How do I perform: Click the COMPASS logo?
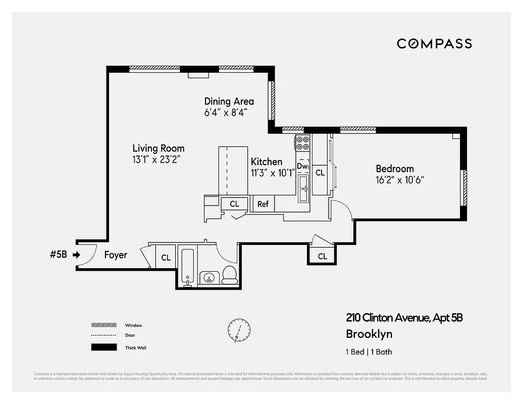(434, 43)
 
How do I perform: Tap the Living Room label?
(158, 148)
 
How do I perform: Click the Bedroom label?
(394, 169)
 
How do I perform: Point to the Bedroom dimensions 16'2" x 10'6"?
(399, 179)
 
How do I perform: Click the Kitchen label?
(267, 162)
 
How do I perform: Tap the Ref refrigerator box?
(263, 204)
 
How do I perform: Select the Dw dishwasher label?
(302, 166)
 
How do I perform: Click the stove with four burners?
(302, 143)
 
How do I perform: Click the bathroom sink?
(208, 277)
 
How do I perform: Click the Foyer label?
(116, 255)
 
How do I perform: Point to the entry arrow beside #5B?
(76, 255)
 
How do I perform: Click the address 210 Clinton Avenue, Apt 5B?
(404, 318)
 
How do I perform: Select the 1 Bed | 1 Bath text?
(369, 352)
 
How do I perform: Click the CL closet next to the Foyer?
(166, 258)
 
